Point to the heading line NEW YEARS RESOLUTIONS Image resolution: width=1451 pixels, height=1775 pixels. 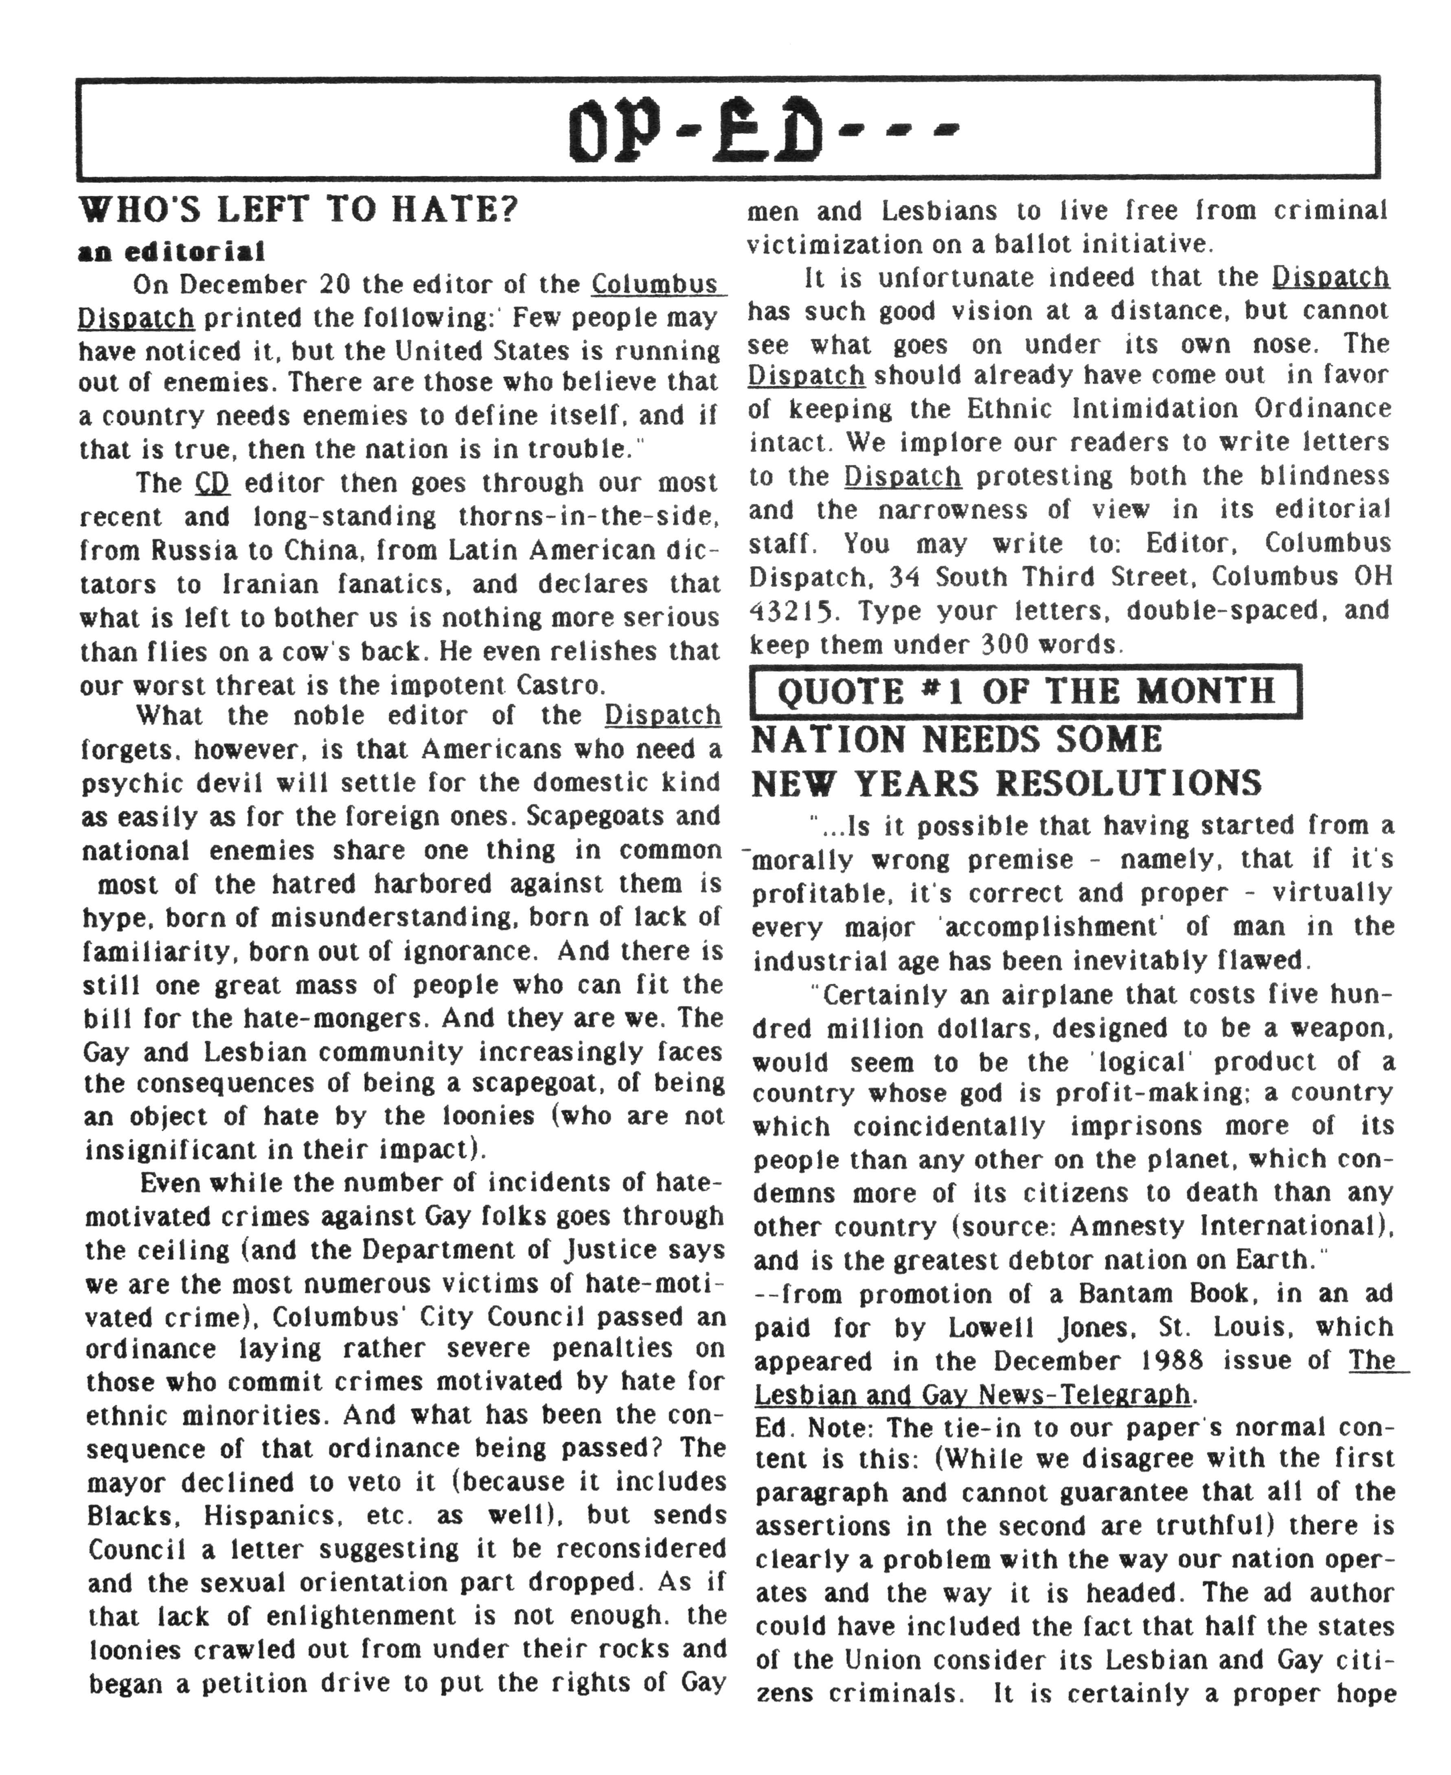[1006, 783]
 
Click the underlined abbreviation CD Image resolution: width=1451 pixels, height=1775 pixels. [212, 483]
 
